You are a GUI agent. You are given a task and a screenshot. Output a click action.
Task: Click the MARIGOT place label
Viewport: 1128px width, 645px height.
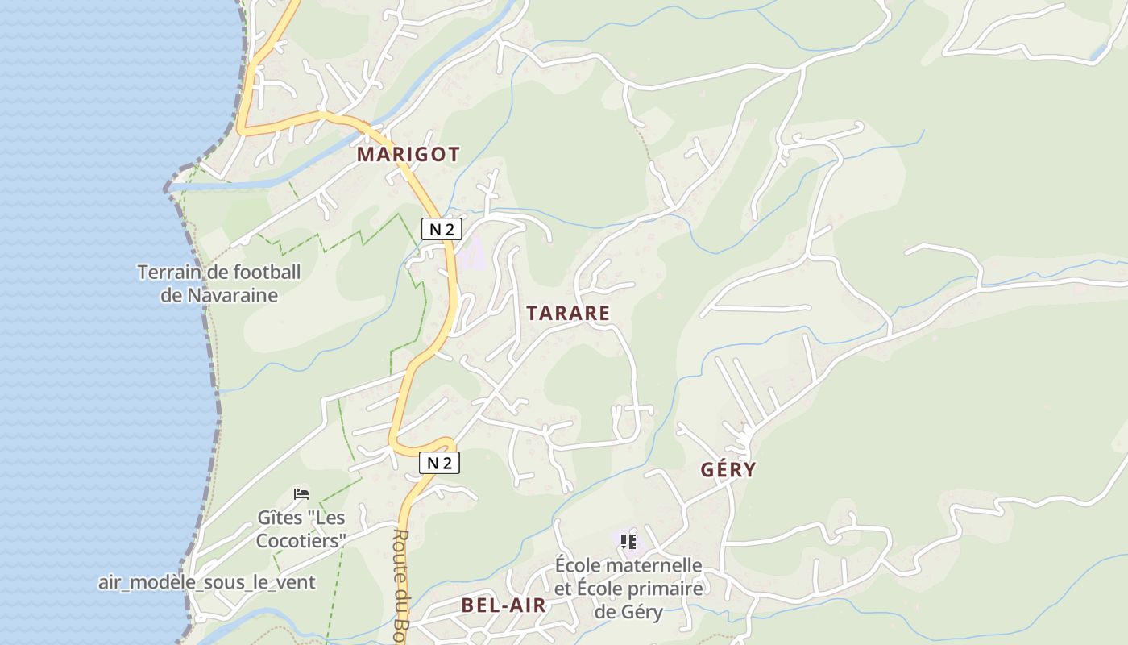pos(408,154)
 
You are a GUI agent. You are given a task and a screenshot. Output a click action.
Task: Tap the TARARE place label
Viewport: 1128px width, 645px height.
pos(568,314)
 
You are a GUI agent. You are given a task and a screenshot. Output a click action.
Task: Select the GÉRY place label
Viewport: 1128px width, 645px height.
pos(728,469)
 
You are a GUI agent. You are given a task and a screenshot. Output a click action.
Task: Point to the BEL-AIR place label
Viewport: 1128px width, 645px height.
pos(504,605)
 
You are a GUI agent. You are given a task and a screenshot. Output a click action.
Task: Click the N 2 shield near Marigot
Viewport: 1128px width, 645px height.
pos(442,229)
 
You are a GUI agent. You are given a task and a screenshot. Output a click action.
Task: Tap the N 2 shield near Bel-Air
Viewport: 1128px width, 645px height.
pos(439,463)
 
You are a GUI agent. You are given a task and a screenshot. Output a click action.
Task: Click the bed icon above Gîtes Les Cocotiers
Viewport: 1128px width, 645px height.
pos(301,493)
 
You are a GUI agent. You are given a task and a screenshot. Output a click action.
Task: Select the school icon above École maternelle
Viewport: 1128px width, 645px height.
pos(628,541)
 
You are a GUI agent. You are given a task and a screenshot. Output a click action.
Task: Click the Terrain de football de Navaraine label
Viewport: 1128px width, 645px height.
pos(219,283)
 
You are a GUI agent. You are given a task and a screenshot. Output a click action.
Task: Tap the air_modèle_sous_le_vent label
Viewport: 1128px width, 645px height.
pos(207,582)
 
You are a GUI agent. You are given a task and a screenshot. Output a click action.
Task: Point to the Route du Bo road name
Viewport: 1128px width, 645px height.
pos(403,585)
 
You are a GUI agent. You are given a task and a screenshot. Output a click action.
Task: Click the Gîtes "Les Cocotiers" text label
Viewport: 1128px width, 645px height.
pos(301,528)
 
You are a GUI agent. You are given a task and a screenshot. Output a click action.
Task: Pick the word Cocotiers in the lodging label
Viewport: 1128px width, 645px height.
pos(301,540)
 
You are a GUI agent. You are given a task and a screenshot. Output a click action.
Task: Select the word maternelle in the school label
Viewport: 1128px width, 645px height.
pos(654,565)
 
